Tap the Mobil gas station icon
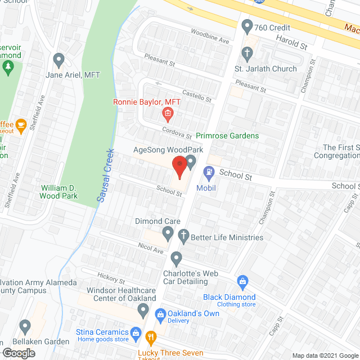click(209, 172)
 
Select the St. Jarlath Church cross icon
click(246, 54)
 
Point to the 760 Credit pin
click(246, 26)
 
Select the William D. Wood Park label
click(58, 192)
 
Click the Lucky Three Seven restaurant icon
click(150, 338)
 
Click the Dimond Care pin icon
click(168, 232)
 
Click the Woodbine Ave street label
click(210, 37)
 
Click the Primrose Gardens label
click(227, 136)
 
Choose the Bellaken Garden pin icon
click(25, 326)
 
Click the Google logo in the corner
click(18, 353)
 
